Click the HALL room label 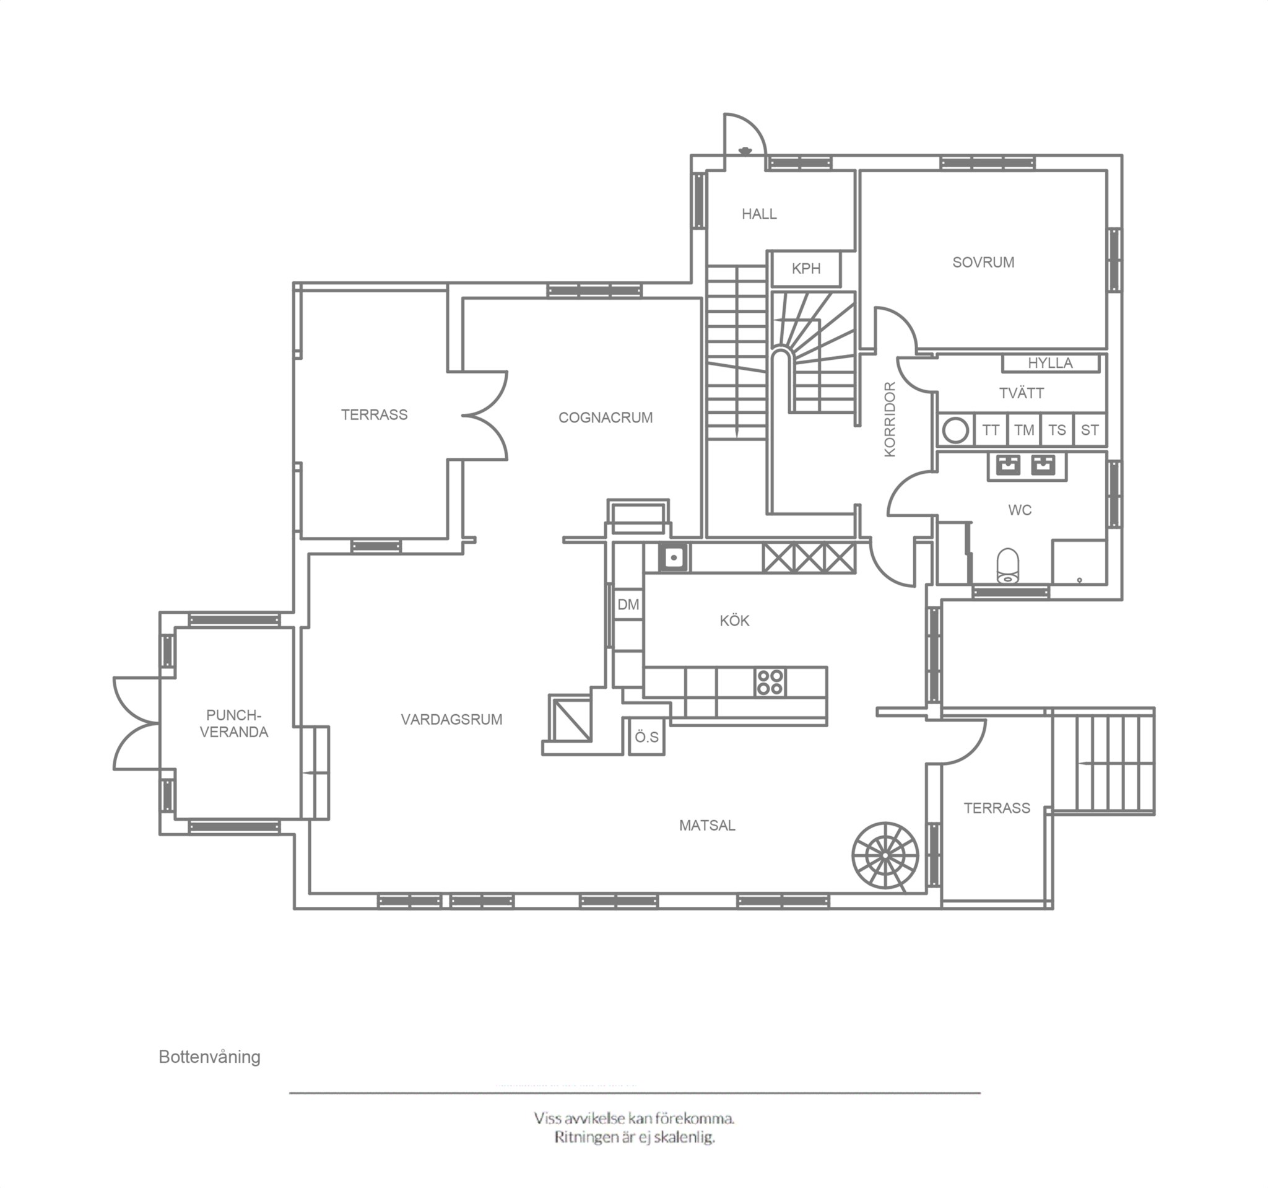(x=759, y=214)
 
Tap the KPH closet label (x=806, y=269)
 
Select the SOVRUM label (x=983, y=262)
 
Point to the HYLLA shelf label (x=1050, y=363)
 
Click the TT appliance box (x=991, y=430)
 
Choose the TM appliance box (x=1023, y=430)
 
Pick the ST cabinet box (x=1090, y=430)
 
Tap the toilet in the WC (x=1008, y=566)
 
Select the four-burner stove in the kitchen (x=770, y=682)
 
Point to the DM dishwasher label (x=628, y=604)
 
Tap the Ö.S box (x=647, y=738)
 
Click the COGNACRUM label (x=606, y=418)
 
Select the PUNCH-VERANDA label (x=234, y=724)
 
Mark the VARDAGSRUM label (x=451, y=720)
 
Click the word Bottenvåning (x=209, y=1057)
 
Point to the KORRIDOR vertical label (x=890, y=419)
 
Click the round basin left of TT (x=955, y=430)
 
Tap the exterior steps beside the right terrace (x=1103, y=761)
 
